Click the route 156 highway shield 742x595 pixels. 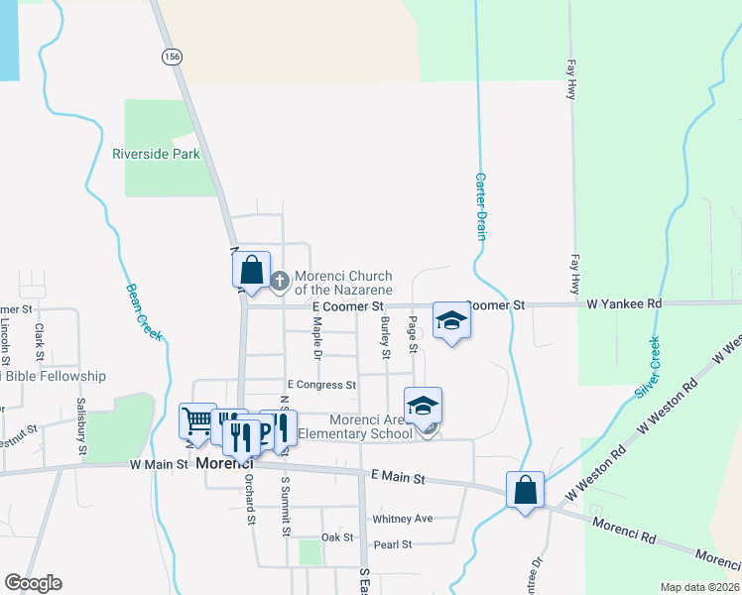[x=174, y=58]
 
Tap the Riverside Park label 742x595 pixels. [x=156, y=154]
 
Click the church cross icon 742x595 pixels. [x=280, y=282]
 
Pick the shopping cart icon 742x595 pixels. [x=196, y=420]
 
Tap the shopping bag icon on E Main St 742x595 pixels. [x=525, y=489]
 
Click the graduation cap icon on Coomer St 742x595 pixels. [x=451, y=320]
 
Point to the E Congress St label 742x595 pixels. [x=321, y=385]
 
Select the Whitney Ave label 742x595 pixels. [x=402, y=519]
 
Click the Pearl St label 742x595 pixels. [x=392, y=544]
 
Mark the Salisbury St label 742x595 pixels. [x=81, y=421]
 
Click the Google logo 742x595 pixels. [x=33, y=583]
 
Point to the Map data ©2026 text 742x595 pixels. [x=700, y=587]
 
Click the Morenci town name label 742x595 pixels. [x=224, y=463]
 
